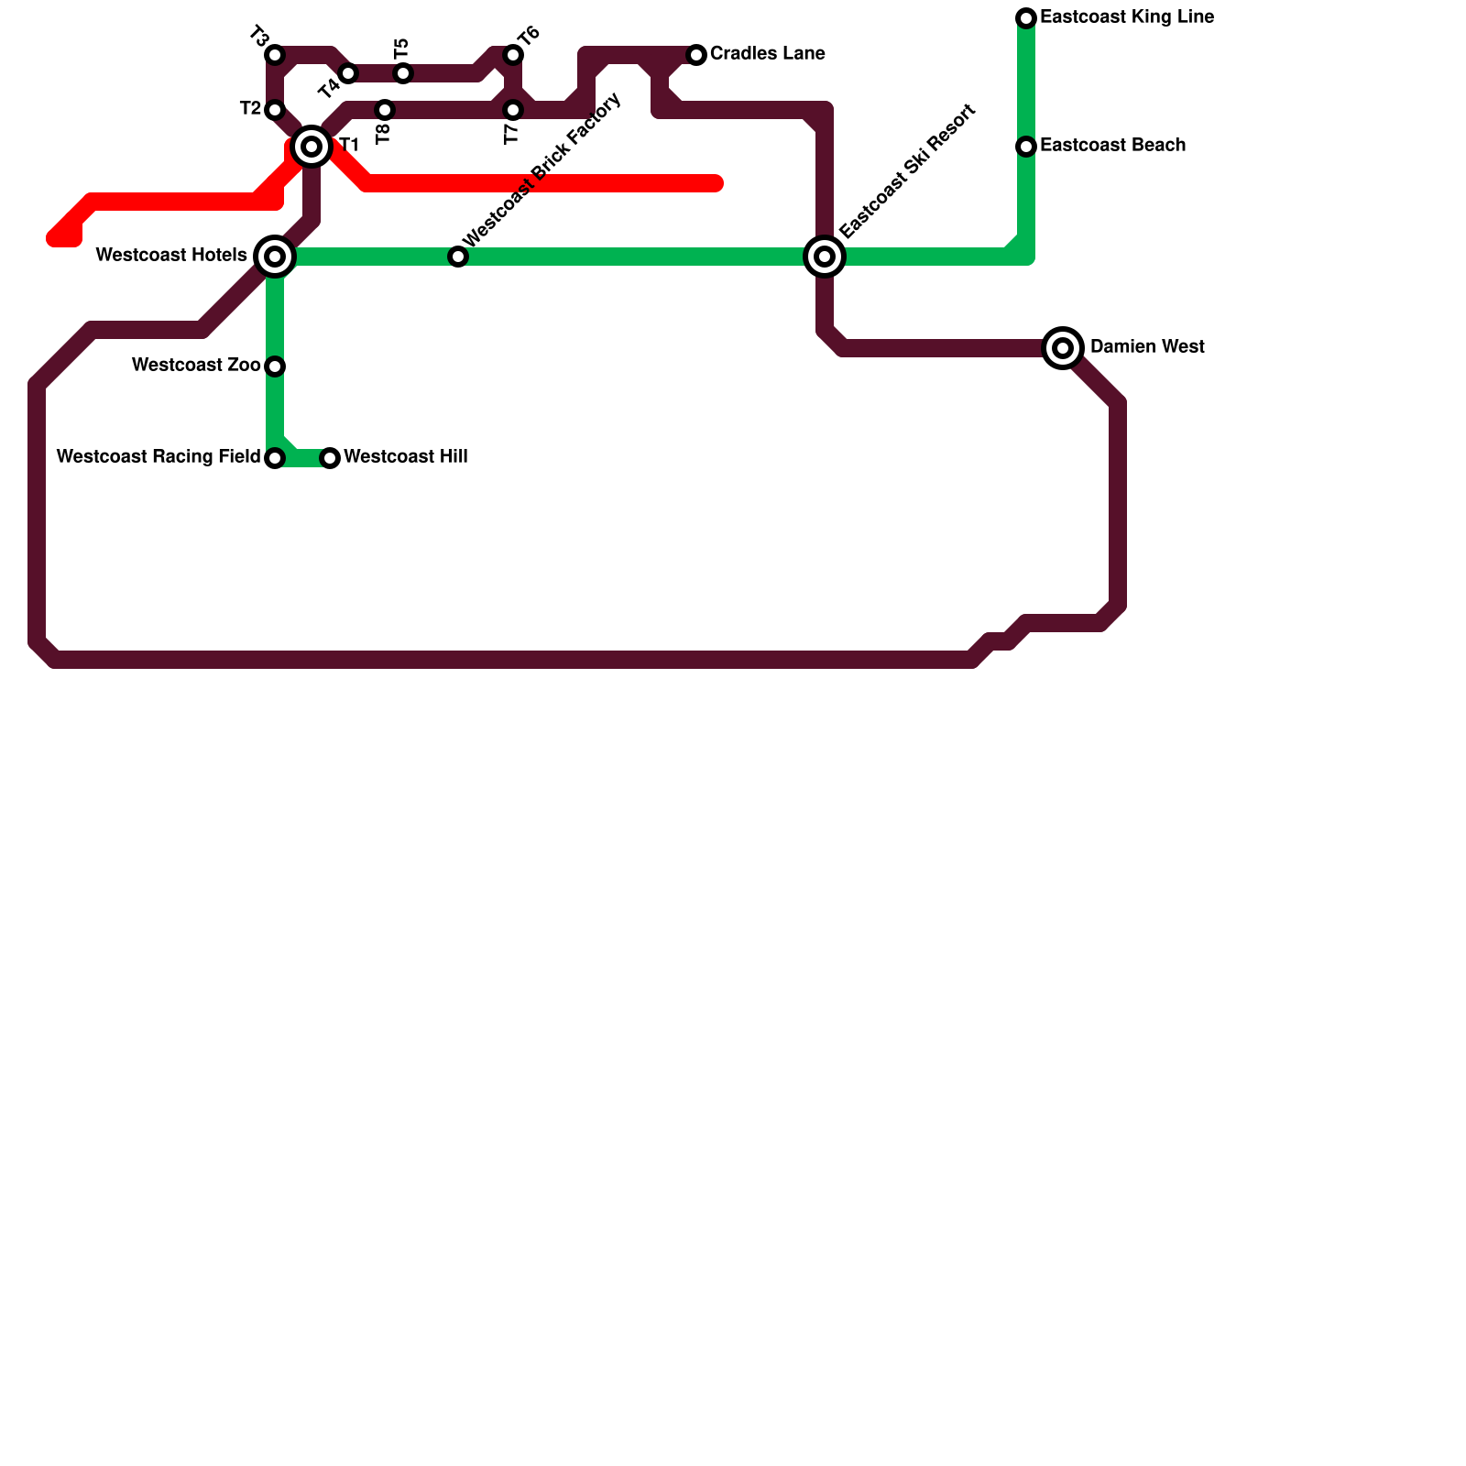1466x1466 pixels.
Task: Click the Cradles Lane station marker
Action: [x=696, y=55]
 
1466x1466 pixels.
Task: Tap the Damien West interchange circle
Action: [x=1063, y=348]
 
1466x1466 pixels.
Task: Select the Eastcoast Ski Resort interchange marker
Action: [x=825, y=257]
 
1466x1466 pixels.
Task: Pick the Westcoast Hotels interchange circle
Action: [x=275, y=257]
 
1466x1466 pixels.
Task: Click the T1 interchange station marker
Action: [x=312, y=147]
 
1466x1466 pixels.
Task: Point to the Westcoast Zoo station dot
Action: [x=275, y=366]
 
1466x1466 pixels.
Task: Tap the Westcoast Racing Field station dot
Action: [x=275, y=458]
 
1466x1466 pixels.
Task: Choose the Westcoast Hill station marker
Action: [x=330, y=458]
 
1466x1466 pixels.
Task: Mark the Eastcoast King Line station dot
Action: [x=1026, y=18]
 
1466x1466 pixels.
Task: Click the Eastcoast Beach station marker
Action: [x=1026, y=147]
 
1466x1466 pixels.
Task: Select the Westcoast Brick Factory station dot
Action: [x=458, y=257]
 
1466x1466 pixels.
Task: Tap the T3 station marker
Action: [x=275, y=55]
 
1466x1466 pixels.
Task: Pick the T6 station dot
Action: [x=513, y=55]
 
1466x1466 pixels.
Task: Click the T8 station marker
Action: [x=385, y=110]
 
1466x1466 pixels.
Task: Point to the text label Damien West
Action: [x=1147, y=347]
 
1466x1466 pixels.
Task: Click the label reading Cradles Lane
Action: [x=767, y=54]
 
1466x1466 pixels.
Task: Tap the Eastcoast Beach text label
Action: [x=1112, y=146]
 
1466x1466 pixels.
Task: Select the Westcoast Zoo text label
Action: [x=195, y=366]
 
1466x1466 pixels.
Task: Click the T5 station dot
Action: [x=403, y=73]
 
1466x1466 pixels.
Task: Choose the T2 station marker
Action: [x=275, y=110]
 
